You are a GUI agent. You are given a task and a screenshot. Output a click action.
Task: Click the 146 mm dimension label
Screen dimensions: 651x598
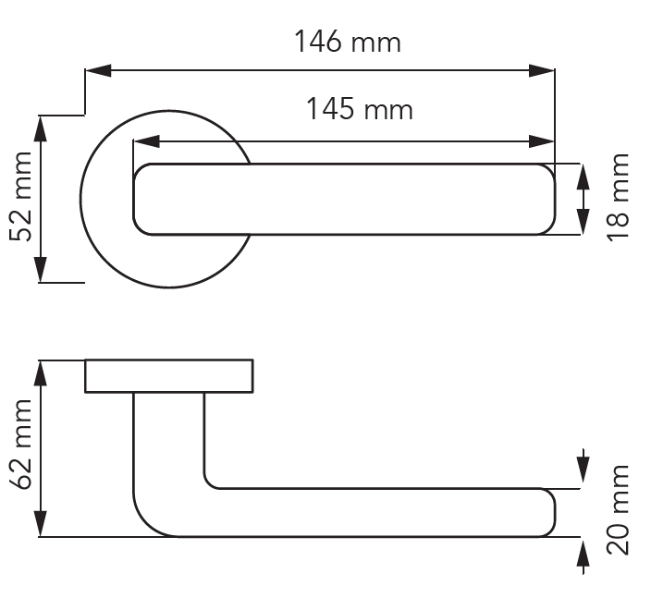click(x=348, y=42)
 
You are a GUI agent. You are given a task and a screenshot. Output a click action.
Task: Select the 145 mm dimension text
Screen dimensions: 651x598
click(x=360, y=109)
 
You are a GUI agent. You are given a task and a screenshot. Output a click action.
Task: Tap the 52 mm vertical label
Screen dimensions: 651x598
click(x=20, y=197)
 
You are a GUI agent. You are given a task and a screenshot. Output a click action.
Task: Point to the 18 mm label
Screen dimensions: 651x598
click(x=619, y=198)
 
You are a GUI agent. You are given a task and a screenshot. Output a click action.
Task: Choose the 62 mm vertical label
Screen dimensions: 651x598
click(x=20, y=445)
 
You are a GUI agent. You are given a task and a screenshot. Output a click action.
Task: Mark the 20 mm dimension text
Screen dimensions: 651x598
click(x=619, y=510)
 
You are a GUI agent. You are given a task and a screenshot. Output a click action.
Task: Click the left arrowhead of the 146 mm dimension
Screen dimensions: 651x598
click(x=98, y=70)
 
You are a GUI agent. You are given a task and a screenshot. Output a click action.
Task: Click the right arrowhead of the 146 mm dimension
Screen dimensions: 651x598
click(x=541, y=70)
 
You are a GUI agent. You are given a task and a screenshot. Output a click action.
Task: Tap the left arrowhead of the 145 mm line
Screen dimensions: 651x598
click(x=146, y=141)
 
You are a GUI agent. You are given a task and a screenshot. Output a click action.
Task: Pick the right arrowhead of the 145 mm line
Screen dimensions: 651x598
click(x=541, y=141)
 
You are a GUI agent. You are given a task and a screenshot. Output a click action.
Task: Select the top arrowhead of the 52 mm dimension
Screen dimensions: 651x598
click(x=41, y=128)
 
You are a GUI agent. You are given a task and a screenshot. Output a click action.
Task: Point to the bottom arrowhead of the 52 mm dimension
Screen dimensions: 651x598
click(x=41, y=270)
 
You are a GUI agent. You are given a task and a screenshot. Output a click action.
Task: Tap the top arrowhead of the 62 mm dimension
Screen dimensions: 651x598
click(x=41, y=373)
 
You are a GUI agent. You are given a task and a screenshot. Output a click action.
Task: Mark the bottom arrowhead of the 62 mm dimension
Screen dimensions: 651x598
click(x=41, y=524)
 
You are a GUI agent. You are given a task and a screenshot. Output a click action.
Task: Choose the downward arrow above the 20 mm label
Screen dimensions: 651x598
click(x=583, y=466)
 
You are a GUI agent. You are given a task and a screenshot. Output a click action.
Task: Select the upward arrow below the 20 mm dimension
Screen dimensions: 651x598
click(x=583, y=556)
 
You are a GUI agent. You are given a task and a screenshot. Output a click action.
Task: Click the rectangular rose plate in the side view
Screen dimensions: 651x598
click(x=169, y=376)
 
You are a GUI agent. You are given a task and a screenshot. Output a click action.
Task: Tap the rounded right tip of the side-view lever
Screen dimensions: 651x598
click(x=549, y=513)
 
